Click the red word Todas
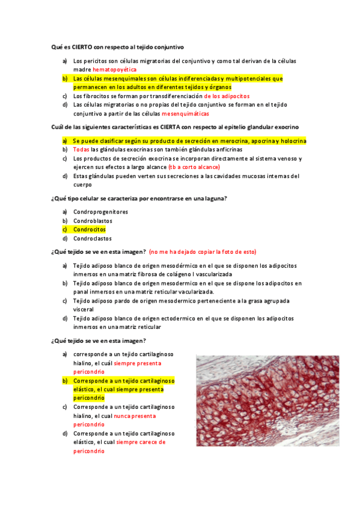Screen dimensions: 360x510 81,150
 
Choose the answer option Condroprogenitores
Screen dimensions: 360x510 101,212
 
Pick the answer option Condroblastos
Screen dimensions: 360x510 93,221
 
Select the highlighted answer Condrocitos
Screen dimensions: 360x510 90,229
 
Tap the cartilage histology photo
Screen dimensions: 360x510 267,400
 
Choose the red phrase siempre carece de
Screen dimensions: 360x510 141,442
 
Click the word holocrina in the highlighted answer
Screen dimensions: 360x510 291,141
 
